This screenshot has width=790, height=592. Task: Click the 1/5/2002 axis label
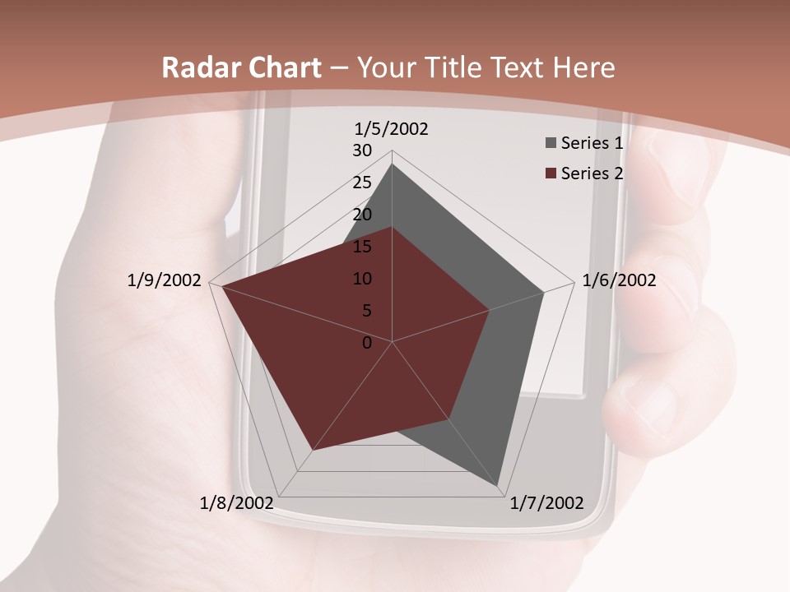392,129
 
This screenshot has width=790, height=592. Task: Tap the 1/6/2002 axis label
619,280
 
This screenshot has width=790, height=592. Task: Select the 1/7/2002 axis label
546,503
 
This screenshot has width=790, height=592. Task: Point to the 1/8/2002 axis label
237,503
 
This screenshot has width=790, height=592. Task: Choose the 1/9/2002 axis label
165,280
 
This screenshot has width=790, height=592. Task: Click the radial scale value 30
362,150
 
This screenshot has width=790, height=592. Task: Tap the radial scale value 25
362,183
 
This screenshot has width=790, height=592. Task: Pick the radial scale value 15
362,247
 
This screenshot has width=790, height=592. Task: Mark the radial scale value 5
366,311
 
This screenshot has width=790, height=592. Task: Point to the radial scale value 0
367,343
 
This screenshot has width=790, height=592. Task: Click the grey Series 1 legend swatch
551,143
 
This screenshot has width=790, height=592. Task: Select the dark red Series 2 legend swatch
551,173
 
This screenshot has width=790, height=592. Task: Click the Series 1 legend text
592,143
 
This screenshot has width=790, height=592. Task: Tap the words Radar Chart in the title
241,67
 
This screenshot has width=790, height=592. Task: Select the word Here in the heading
583,67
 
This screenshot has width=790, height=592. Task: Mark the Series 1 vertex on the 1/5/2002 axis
392,164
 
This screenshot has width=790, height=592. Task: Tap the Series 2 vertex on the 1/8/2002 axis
313,450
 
